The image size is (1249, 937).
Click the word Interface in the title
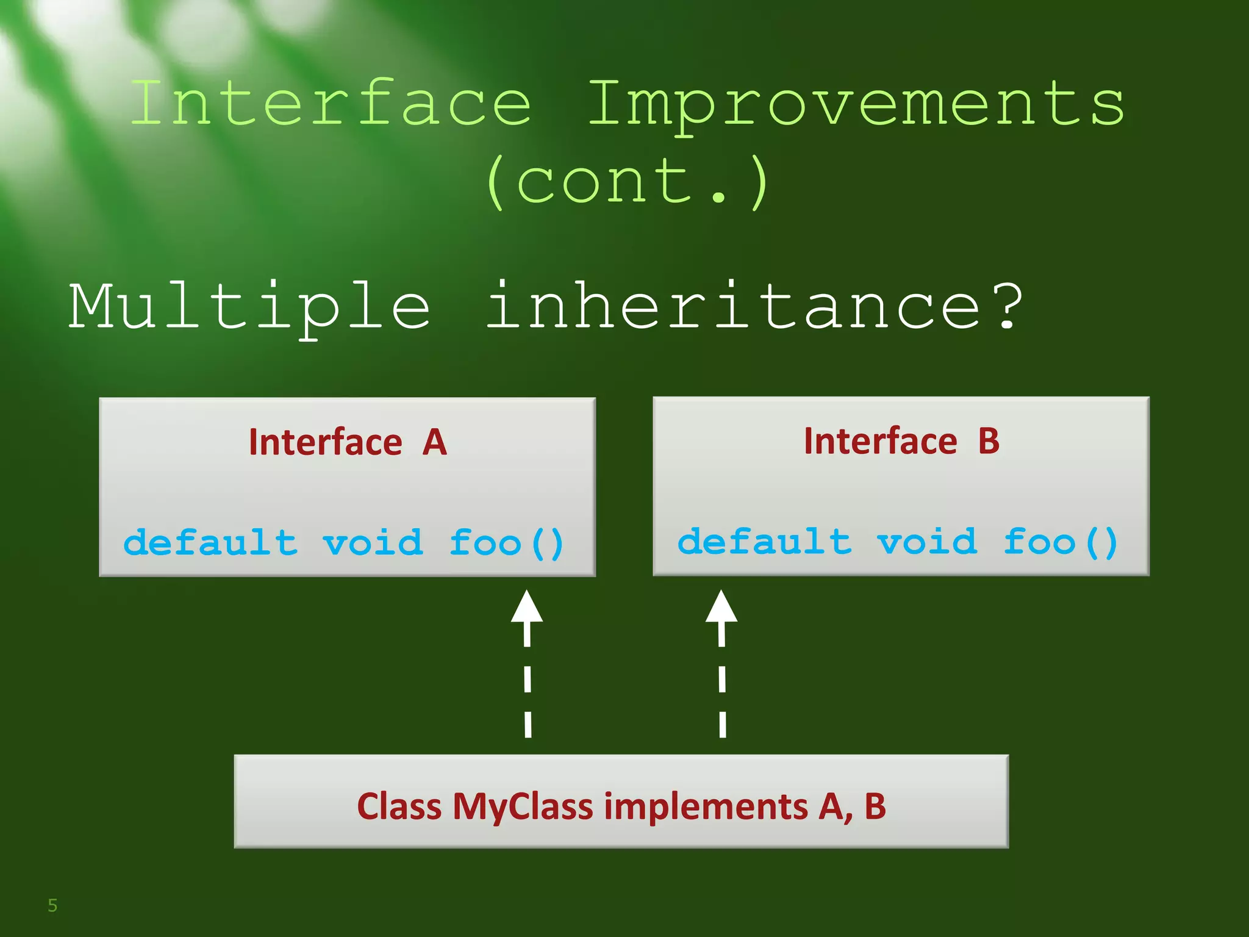click(x=331, y=104)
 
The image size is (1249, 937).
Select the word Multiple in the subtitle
click(x=250, y=306)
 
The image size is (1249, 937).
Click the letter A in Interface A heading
click(x=435, y=442)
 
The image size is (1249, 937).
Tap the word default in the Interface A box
click(x=210, y=542)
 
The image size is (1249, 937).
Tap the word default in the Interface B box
click(x=764, y=542)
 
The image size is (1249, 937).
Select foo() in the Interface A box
click(x=506, y=543)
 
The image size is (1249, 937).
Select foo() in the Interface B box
click(x=1060, y=542)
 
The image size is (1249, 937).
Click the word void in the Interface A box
click(x=373, y=542)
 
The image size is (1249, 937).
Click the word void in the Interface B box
click(x=926, y=542)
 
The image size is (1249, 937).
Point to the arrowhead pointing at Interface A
click(x=526, y=607)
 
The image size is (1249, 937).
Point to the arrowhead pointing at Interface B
click(x=721, y=607)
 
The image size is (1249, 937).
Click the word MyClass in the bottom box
click(x=523, y=806)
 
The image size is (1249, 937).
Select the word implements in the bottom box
click(x=706, y=806)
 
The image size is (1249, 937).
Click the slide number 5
click(x=52, y=905)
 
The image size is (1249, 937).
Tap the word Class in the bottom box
click(x=399, y=806)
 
